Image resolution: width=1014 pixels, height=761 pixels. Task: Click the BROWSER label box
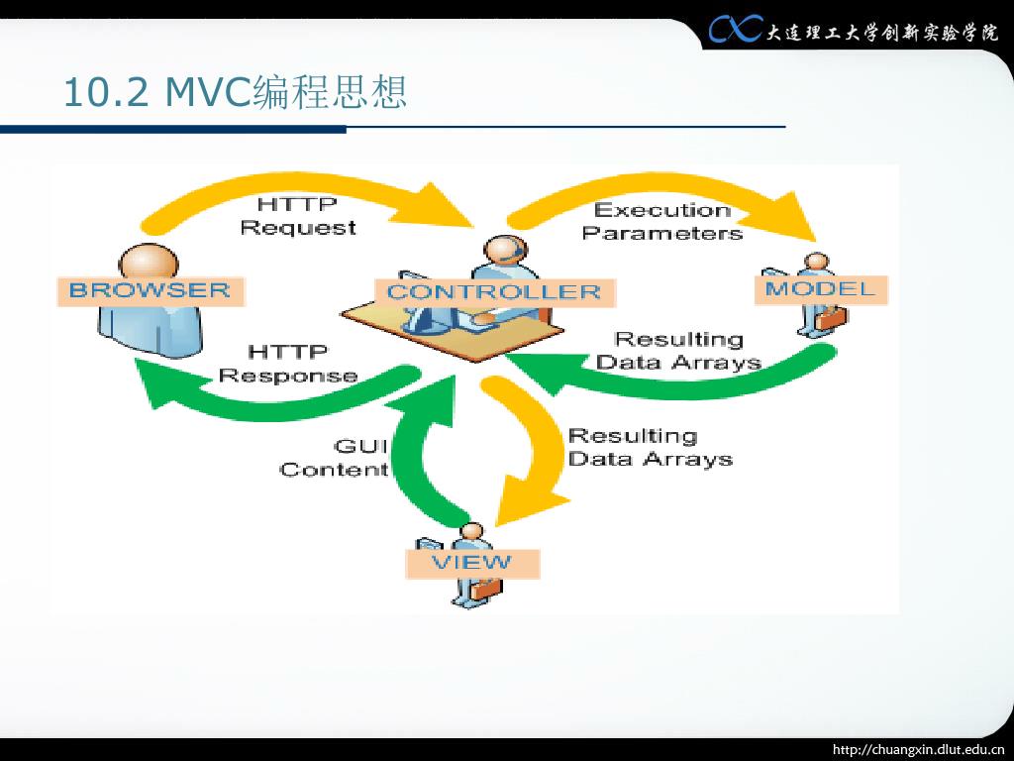(151, 290)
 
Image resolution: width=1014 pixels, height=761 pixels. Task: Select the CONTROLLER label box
(493, 292)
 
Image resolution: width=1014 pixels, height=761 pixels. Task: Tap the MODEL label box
(821, 289)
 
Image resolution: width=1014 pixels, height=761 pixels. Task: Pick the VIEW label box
(472, 563)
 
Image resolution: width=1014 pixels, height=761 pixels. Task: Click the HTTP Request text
(297, 216)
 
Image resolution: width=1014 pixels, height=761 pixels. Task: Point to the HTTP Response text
(288, 364)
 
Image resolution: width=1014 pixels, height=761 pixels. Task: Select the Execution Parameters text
(661, 221)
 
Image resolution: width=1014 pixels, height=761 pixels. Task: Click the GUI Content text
(335, 457)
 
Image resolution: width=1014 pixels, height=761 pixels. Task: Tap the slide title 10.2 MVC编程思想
(236, 93)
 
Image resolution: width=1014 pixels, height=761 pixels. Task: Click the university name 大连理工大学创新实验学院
(882, 32)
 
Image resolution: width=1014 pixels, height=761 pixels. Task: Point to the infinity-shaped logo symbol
(735, 31)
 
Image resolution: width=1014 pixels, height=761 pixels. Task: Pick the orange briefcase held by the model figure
(832, 318)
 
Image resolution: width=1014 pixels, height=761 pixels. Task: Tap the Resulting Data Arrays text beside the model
(678, 351)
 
